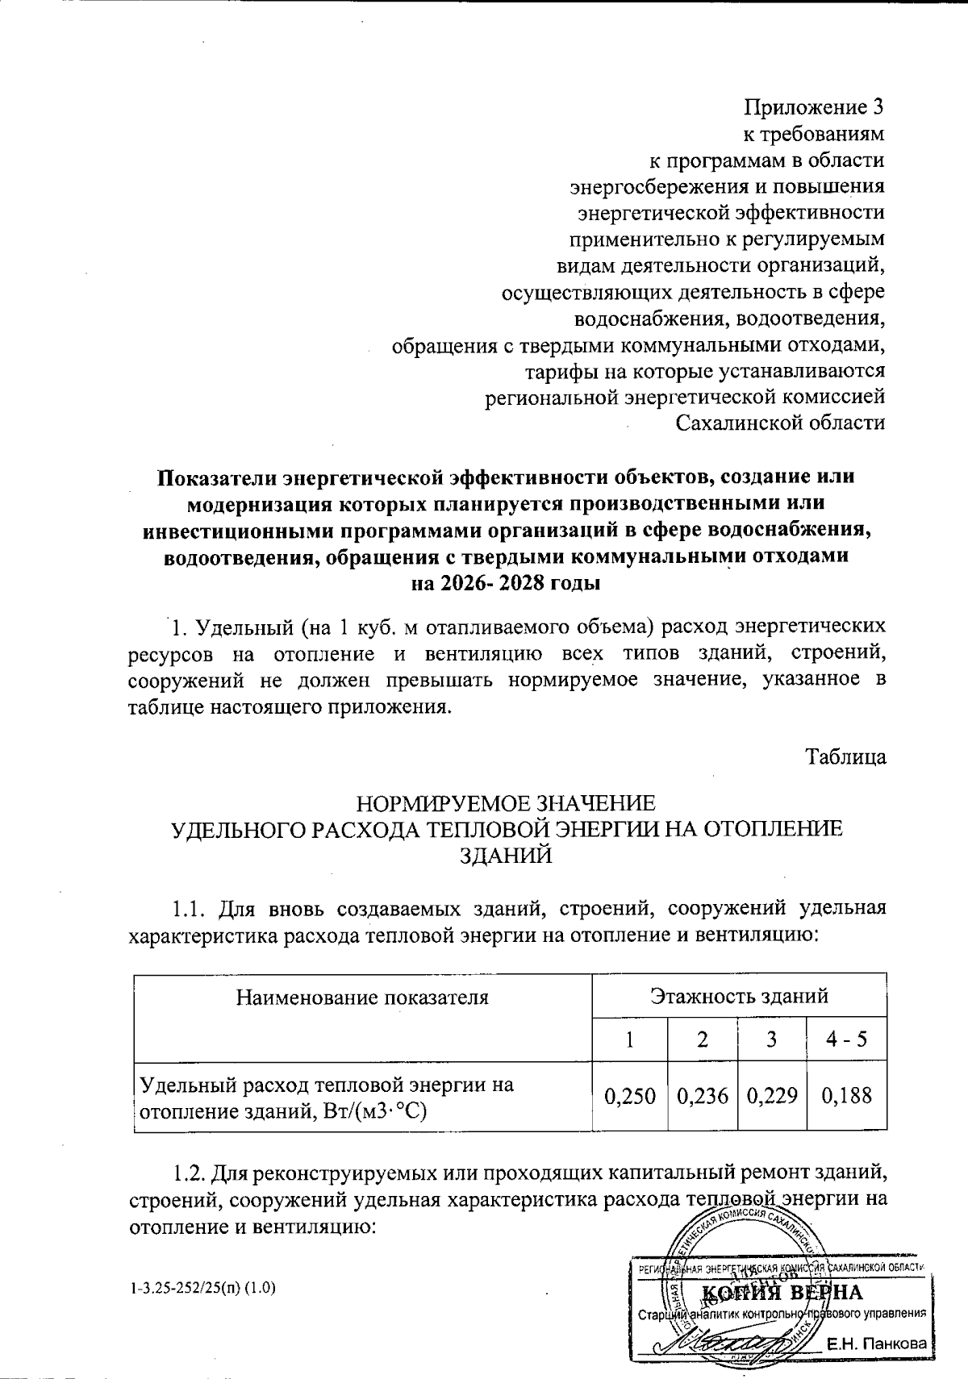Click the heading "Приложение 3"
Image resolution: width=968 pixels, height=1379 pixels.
click(814, 107)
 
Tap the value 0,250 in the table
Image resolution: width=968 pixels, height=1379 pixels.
click(629, 1096)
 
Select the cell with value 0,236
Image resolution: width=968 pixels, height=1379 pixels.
click(703, 1096)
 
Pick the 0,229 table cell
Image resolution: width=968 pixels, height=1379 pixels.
click(772, 1096)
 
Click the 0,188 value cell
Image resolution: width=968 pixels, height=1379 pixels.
click(846, 1096)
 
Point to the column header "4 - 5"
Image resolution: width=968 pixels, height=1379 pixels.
click(846, 1038)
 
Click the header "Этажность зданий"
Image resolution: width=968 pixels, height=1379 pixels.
click(739, 995)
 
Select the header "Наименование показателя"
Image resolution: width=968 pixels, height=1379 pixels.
click(362, 997)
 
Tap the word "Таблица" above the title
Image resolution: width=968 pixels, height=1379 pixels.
click(846, 757)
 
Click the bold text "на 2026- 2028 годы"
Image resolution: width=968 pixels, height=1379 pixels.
click(506, 583)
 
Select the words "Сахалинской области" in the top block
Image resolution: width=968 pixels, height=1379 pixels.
click(780, 423)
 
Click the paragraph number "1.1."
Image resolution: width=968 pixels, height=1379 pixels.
click(192, 909)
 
